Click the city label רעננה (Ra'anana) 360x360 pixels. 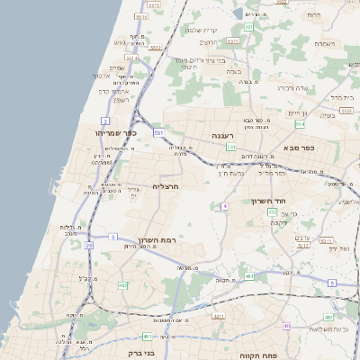[x=222, y=135]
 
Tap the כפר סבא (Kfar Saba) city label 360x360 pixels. [x=297, y=148]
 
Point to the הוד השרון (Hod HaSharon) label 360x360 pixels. [x=268, y=201]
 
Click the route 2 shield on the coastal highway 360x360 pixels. [x=105, y=120]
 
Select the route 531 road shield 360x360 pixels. [x=158, y=132]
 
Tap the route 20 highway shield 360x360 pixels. [x=112, y=237]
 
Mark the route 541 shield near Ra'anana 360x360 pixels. [x=231, y=147]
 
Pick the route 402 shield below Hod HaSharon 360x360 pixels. [x=247, y=275]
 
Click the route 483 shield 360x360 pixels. [x=217, y=317]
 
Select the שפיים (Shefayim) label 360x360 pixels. [x=117, y=68]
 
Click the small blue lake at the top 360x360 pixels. [x=249, y=14]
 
